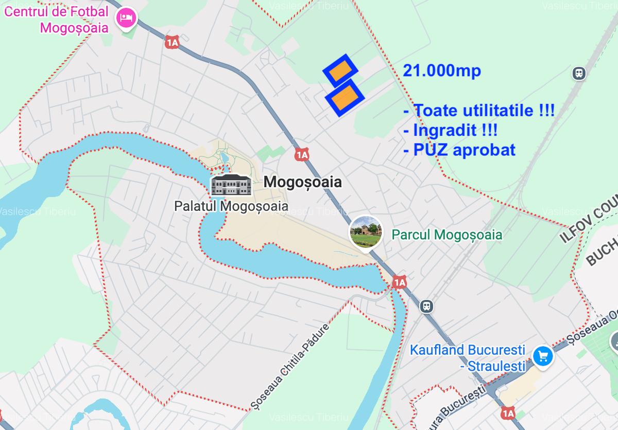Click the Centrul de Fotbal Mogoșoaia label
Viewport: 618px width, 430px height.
[57, 19]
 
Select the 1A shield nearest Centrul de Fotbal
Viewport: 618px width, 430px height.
[172, 43]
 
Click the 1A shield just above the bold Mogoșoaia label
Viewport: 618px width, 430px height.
[302, 154]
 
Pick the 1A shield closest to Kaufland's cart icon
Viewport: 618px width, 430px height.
[507, 413]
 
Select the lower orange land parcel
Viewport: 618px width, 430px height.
[345, 97]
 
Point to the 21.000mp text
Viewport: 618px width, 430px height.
[442, 71]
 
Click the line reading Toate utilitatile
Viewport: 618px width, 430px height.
[478, 110]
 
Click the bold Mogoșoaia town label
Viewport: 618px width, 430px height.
[302, 182]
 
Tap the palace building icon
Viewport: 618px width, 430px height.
[231, 184]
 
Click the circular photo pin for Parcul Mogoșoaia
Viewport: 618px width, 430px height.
[366, 231]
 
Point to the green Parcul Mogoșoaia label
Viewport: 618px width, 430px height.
[447, 235]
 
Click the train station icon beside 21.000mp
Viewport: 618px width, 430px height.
[579, 73]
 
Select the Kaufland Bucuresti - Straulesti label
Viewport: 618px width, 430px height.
[468, 357]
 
